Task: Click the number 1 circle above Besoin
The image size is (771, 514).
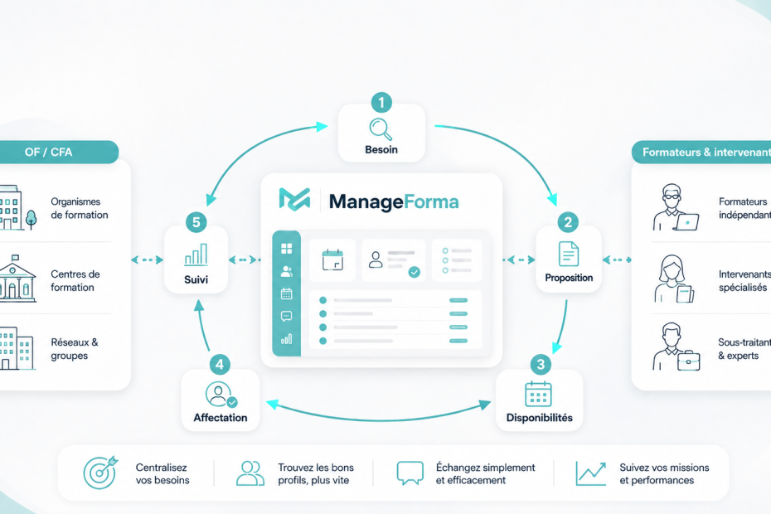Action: coord(381,103)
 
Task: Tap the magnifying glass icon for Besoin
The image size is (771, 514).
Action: coord(381,129)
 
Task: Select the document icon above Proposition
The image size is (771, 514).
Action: coord(569,254)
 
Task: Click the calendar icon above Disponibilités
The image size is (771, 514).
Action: coord(538,395)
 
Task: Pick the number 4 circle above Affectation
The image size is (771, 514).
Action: coord(220,365)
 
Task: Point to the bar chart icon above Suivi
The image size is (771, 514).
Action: coord(196,255)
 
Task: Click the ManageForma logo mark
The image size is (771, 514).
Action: coord(294,199)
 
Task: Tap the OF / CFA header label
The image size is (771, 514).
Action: coord(49,152)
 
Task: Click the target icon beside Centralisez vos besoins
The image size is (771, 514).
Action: coord(101,473)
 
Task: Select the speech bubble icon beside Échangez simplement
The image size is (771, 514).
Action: coord(410,473)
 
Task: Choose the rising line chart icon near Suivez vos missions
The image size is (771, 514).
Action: coord(590,473)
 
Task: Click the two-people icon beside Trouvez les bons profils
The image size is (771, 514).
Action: coord(250,473)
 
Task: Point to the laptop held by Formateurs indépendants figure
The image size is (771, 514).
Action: coord(686,222)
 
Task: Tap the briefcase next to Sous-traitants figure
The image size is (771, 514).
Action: coord(688,361)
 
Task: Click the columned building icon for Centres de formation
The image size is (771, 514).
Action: coord(17,279)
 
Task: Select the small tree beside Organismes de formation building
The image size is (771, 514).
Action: coord(31,220)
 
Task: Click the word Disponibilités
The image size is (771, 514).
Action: coord(540,418)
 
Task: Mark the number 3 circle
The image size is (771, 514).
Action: coord(541,365)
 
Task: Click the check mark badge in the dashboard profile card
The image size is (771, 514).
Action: coord(415,272)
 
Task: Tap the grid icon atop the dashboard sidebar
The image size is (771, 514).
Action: coord(286,249)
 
